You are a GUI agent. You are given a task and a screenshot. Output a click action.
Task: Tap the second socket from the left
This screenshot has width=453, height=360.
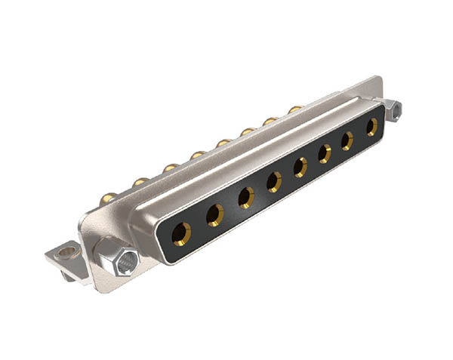click(215, 215)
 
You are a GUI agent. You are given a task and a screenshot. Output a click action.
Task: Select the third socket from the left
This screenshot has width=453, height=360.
click(246, 198)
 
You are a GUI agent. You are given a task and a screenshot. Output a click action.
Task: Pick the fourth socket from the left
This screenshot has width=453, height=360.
click(274, 181)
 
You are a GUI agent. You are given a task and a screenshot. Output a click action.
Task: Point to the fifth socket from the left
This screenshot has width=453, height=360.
click(300, 167)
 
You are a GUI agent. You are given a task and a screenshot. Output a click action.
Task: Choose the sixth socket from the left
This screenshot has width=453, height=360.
click(325, 153)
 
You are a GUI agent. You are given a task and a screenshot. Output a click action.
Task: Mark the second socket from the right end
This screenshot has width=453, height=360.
click(348, 140)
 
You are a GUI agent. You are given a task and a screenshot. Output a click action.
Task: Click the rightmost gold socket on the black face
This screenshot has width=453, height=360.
click(371, 127)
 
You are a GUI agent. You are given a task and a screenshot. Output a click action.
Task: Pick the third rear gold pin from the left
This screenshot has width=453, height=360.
click(171, 168)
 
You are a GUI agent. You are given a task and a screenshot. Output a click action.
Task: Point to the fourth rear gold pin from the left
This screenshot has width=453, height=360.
click(198, 155)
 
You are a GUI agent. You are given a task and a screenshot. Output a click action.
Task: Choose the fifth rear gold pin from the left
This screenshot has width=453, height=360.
click(223, 143)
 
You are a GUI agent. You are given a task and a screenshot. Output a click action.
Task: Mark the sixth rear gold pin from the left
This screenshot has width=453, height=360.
click(248, 131)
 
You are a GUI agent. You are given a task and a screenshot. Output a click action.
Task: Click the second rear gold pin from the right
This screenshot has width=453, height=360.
click(270, 121)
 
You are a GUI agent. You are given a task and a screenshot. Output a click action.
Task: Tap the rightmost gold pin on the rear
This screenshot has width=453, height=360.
click(294, 110)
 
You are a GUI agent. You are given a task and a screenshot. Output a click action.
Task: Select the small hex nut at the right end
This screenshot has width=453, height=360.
click(395, 110)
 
